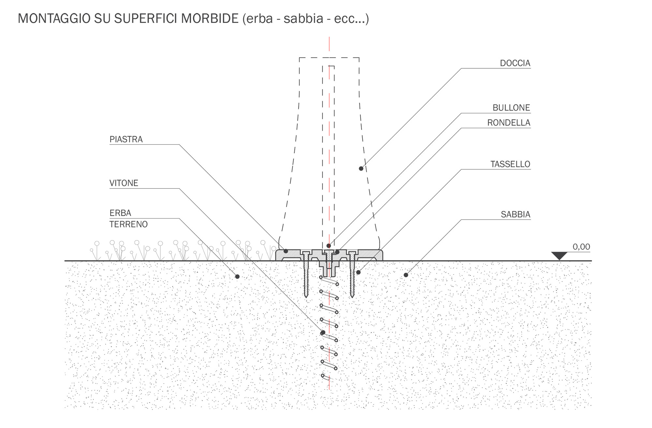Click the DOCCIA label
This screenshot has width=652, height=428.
pos(515,63)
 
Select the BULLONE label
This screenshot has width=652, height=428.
pos(511,108)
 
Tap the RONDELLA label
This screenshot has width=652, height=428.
pos(509,123)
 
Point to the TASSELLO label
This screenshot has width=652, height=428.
pos(510,164)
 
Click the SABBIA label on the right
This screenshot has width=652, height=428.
pos(515,214)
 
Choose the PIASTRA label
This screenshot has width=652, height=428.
pos(126,139)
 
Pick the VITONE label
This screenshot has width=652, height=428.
pos(124,183)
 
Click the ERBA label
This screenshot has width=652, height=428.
pos(120,213)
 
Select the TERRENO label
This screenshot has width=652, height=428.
pos(128,224)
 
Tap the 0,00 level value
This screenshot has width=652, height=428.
pos(581,247)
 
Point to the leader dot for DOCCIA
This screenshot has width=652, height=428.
pos(361,169)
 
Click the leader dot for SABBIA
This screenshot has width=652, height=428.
pos(406,275)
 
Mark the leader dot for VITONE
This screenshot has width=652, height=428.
pos(323,333)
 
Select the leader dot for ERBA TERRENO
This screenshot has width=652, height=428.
pos(237,277)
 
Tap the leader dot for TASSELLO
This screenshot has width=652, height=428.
pos(358,272)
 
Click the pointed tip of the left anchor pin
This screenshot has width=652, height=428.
pos(306,297)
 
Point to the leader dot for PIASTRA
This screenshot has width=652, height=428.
pos(286,251)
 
